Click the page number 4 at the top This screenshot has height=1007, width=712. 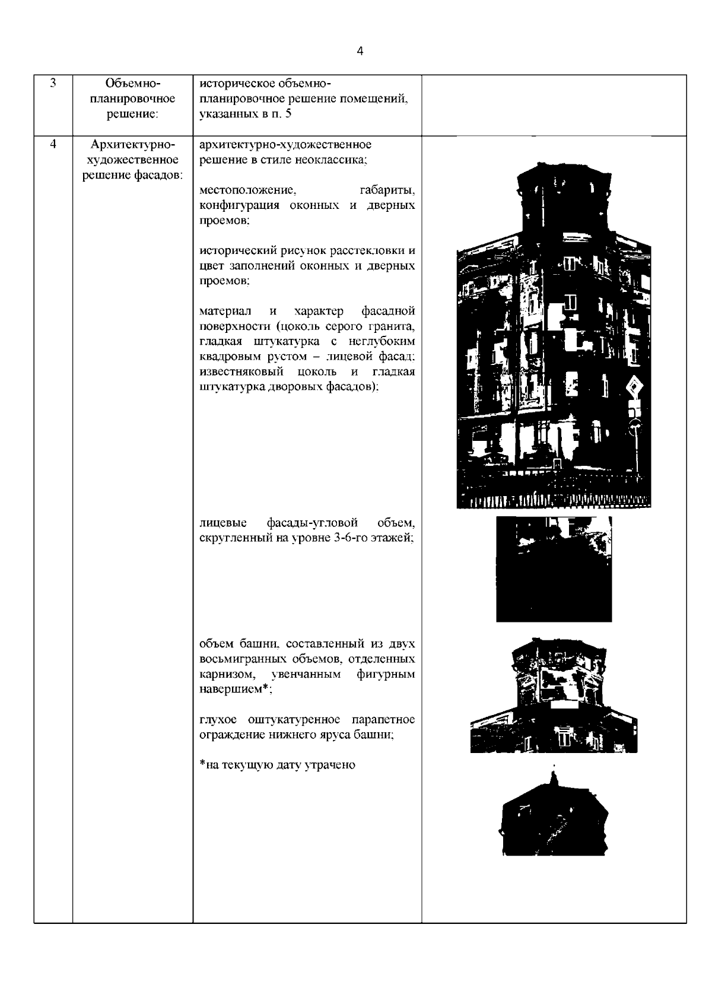pyautogui.click(x=360, y=51)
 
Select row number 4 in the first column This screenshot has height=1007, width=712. pyautogui.click(x=53, y=145)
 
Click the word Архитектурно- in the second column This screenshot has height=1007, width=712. pyautogui.click(x=133, y=145)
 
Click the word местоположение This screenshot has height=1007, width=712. pyautogui.click(x=248, y=190)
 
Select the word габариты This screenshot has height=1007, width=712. pyautogui.click(x=387, y=190)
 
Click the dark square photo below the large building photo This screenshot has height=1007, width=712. pyautogui.click(x=554, y=569)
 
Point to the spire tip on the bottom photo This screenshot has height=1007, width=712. pyautogui.click(x=554, y=767)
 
